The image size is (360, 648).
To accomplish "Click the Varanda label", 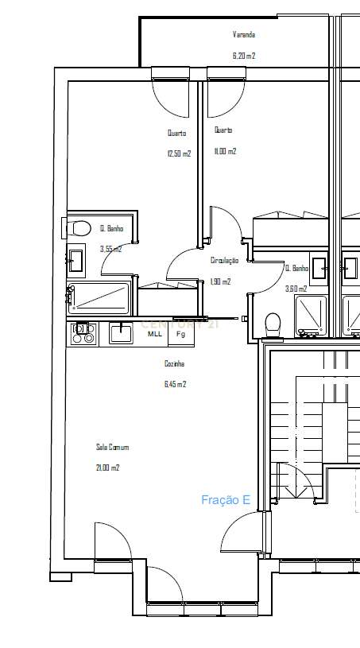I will pyautogui.click(x=243, y=35).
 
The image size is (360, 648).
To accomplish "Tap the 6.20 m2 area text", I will pyautogui.click(x=243, y=56).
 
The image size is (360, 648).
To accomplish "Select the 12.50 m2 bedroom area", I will pyautogui.click(x=179, y=153).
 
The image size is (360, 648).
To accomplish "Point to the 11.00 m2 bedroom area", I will pyautogui.click(x=225, y=151).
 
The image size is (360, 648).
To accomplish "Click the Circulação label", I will pyautogui.click(x=224, y=260).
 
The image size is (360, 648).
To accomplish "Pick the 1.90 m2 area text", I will pyautogui.click(x=220, y=281).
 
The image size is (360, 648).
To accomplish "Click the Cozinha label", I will pyautogui.click(x=174, y=363).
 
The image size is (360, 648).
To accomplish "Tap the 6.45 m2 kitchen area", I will pyautogui.click(x=174, y=384).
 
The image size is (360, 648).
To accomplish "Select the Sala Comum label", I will pyautogui.click(x=112, y=448).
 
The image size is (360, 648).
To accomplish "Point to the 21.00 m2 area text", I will pyautogui.click(x=107, y=468).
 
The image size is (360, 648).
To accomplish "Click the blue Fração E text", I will pyautogui.click(x=226, y=500).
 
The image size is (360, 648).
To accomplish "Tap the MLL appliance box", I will pyautogui.click(x=154, y=334).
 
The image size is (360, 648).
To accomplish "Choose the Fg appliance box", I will pyautogui.click(x=180, y=334).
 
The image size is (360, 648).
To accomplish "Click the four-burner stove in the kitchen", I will pyautogui.click(x=83, y=334).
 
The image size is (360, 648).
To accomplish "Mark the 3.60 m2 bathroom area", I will pyautogui.click(x=296, y=289).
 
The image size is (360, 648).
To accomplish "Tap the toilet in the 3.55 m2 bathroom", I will pyautogui.click(x=79, y=229).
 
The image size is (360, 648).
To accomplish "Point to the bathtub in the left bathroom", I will pyautogui.click(x=100, y=297).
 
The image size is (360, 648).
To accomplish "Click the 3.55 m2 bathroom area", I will pyautogui.click(x=110, y=249).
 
